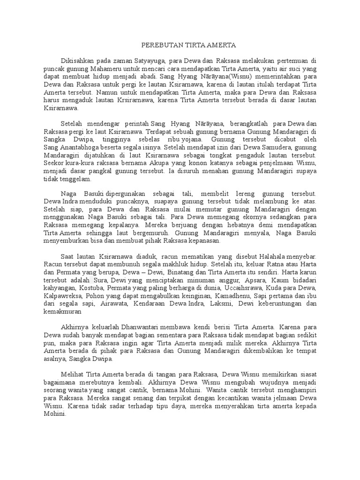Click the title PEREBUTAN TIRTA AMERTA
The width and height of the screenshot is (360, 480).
tap(189, 45)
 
